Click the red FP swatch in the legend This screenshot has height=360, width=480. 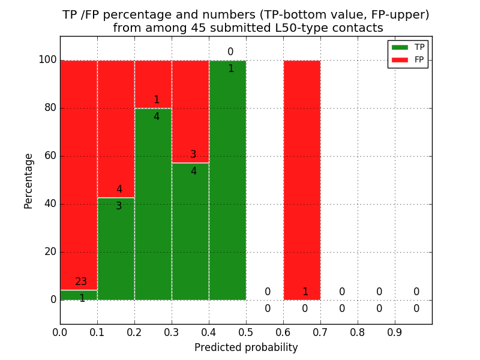400,59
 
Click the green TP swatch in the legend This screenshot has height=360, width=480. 400,47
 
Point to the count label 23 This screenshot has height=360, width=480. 82,282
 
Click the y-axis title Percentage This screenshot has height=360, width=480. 29,181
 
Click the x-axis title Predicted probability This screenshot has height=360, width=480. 246,347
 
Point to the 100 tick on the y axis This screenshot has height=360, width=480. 47,60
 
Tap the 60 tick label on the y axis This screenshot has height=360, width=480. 50,156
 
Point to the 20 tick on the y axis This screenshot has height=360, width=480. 50,252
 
